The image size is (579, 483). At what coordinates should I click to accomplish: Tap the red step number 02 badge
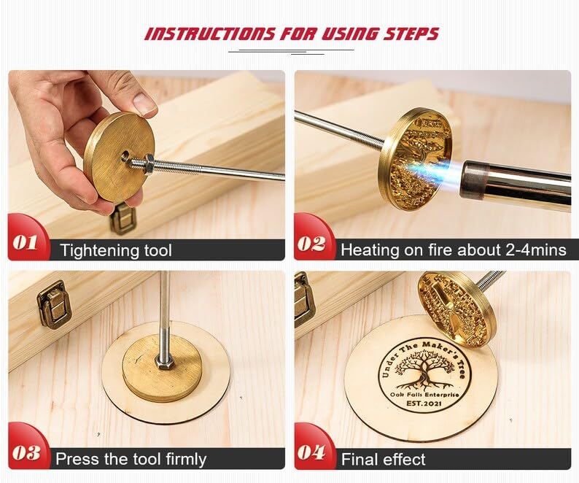pyautogui.click(x=312, y=243)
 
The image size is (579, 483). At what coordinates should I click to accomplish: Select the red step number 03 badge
pyautogui.click(x=26, y=452)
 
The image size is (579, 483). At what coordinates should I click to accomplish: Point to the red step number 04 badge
pyautogui.click(x=312, y=452)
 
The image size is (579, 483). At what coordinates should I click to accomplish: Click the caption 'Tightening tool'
pyautogui.click(x=116, y=250)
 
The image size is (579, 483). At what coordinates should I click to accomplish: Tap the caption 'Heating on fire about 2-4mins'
pyautogui.click(x=453, y=250)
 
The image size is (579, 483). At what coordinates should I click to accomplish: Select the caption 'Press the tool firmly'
pyautogui.click(x=131, y=459)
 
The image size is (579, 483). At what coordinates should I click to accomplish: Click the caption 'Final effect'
pyautogui.click(x=383, y=459)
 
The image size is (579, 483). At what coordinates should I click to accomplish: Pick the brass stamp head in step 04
pyautogui.click(x=457, y=306)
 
